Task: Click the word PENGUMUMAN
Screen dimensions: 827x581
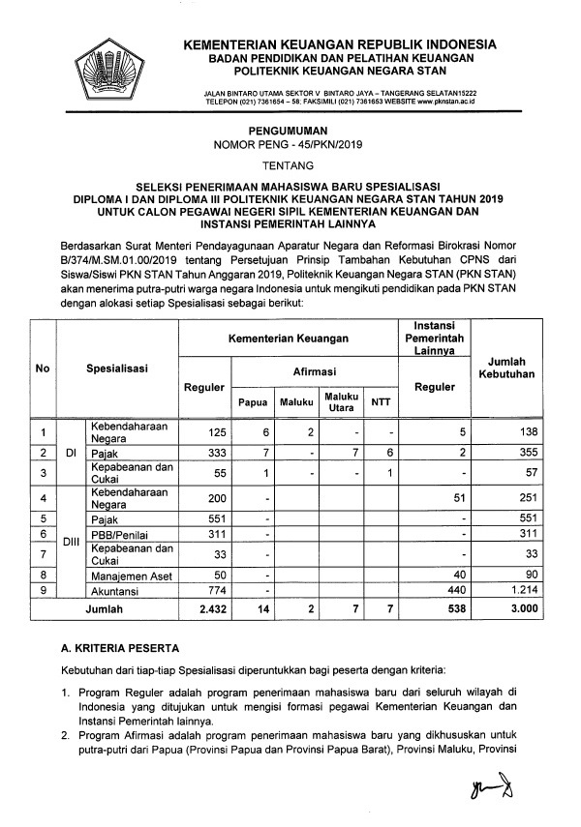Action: (x=290, y=129)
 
